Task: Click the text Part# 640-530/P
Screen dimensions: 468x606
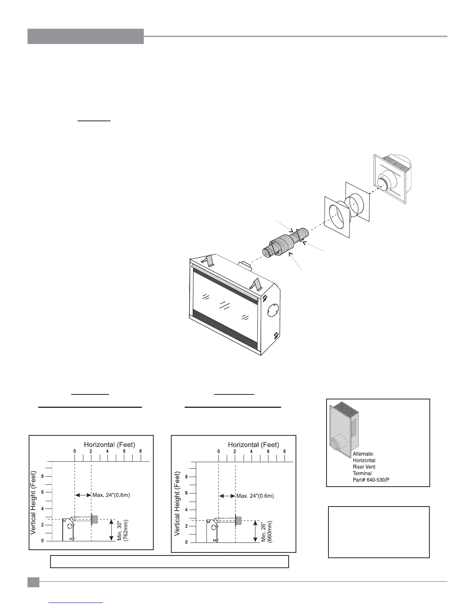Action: point(371,480)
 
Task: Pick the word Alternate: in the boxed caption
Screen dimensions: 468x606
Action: point(363,454)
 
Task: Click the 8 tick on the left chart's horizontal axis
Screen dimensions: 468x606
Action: point(141,451)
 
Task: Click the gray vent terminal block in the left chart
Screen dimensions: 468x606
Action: point(95,519)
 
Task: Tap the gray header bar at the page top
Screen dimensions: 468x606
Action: point(86,36)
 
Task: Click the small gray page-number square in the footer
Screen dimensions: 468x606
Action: point(33,582)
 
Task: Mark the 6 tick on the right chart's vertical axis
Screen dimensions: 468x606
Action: point(187,493)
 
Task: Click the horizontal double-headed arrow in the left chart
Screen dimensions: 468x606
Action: point(83,495)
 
